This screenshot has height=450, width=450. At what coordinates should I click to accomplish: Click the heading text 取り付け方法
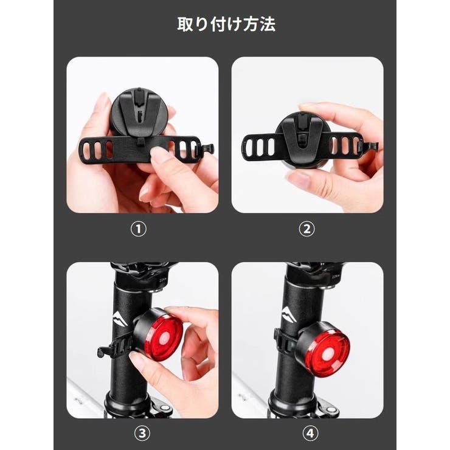pyautogui.click(x=226, y=25)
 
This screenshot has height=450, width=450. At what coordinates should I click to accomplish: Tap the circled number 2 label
pyautogui.click(x=307, y=229)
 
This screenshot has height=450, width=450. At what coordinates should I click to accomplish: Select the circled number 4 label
pyautogui.click(x=307, y=434)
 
